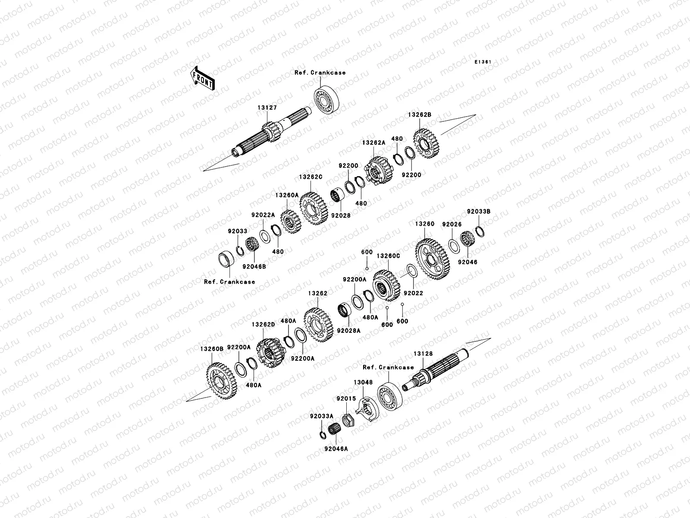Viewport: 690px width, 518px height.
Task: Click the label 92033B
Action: pos(479,212)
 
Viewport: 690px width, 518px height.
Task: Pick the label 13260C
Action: pos(389,256)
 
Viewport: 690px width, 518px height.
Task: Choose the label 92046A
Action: pos(336,449)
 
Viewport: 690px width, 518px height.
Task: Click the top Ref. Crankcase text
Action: pos(326,73)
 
